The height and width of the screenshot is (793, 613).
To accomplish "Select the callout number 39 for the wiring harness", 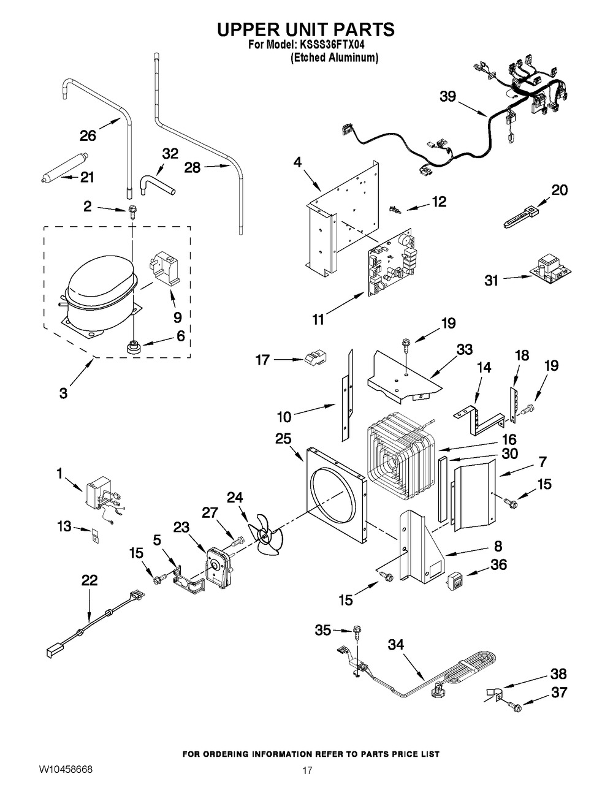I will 448,96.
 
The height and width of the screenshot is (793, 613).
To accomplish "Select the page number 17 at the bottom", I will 307,771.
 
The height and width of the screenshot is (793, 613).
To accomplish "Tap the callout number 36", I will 499,564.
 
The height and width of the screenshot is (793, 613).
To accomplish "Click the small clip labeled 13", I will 94,534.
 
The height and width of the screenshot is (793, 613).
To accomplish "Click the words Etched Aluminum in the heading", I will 334,58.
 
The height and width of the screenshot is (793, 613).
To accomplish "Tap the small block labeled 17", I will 315,360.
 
